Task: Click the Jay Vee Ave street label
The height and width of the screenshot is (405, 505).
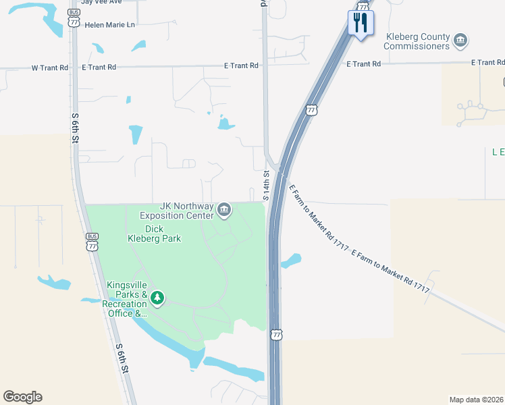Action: tap(101, 2)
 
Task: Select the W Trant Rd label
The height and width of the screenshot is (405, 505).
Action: tap(50, 67)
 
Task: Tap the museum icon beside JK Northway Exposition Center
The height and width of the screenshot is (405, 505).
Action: tap(224, 211)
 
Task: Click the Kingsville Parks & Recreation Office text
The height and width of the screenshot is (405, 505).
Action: tap(126, 299)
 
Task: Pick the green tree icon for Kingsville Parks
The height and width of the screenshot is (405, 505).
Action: tap(157, 298)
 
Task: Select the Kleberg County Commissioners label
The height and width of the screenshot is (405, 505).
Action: tap(417, 41)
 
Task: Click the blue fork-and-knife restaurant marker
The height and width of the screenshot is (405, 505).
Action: tap(360, 24)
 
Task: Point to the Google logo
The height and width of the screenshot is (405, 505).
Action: tap(22, 397)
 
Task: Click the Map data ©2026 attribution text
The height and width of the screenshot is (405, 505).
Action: tap(477, 400)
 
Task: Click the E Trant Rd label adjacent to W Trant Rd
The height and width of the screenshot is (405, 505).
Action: tap(99, 67)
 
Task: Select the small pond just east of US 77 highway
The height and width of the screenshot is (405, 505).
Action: tap(291, 261)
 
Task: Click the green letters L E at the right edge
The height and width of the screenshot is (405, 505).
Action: tap(498, 153)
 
